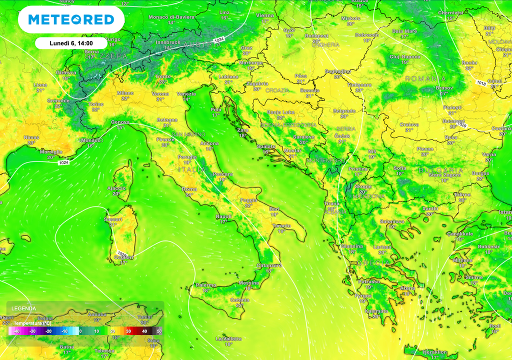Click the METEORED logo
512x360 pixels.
71,20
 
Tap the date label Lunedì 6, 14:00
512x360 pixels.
71,43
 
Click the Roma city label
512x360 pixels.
189,189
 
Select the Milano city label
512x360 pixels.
125,93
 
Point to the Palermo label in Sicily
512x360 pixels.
205,285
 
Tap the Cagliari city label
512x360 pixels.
119,257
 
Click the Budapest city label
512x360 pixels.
316,36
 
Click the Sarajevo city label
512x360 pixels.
303,136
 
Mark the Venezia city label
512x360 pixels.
186,94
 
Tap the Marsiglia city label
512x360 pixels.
51,152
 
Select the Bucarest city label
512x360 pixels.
453,121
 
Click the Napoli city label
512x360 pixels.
223,216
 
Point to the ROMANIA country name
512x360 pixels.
425,79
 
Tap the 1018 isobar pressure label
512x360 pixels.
481,82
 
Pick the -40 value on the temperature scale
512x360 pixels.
16,331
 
